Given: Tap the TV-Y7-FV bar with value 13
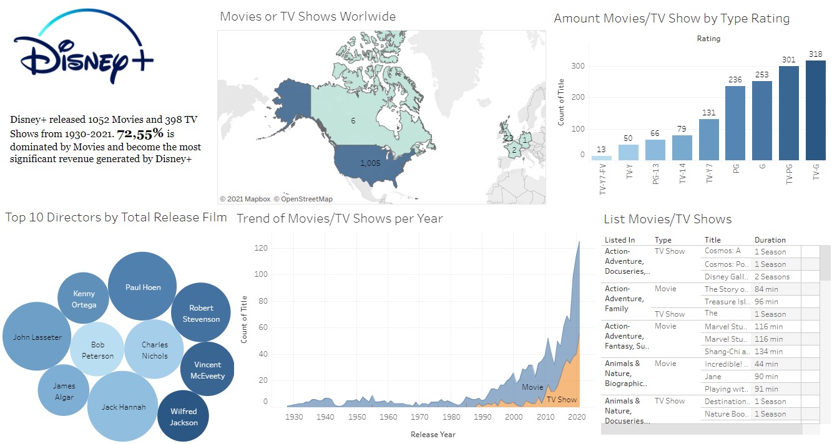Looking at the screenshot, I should tap(602, 158).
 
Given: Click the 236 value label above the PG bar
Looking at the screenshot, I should tap(735, 79).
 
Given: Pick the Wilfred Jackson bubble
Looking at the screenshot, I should tap(184, 416).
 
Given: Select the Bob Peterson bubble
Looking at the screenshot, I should tap(97, 350).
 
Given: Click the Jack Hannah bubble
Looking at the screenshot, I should tap(123, 407).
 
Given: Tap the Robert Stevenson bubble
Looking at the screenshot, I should tap(201, 313).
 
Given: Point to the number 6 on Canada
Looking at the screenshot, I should tap(353, 120).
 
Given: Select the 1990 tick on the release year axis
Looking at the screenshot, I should tap(482, 417).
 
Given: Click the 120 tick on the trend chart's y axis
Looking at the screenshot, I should tap(261, 248).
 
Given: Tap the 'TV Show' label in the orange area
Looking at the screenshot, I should tap(562, 399).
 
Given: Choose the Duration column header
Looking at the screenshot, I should tap(770, 239).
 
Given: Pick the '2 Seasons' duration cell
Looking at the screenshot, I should tap(772, 277).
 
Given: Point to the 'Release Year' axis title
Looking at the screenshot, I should tap(433, 434).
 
